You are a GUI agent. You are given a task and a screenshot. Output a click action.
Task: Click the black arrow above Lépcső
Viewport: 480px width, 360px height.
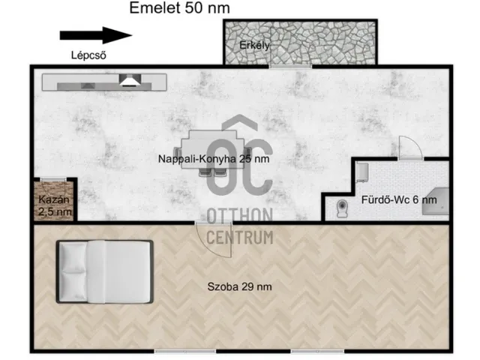click(95, 35)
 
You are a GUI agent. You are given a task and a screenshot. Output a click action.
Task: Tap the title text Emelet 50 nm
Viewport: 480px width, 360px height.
click(179, 8)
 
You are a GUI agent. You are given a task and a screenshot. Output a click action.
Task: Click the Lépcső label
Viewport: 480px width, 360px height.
click(86, 54)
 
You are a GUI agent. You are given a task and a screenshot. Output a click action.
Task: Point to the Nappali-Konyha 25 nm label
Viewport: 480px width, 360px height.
click(214, 159)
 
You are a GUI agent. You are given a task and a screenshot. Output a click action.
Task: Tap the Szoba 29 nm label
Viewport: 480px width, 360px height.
click(239, 286)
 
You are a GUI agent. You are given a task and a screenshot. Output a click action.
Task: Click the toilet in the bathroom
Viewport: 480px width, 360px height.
click(343, 206)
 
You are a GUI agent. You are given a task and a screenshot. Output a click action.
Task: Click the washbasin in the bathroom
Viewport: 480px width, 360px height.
click(361, 172)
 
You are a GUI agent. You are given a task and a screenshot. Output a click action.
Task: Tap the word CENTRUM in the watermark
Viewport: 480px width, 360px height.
click(238, 238)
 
